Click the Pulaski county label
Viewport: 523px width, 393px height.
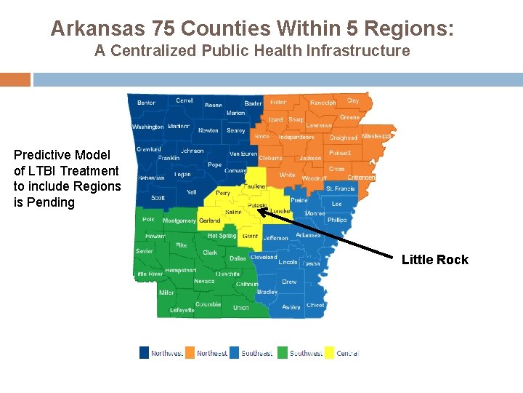tap(256, 206)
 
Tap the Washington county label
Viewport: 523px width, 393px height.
tap(147, 127)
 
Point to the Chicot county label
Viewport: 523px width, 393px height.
tap(315, 306)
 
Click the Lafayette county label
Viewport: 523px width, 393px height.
tap(182, 310)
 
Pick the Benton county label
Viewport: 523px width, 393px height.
tap(146, 103)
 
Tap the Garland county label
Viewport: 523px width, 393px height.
tap(209, 221)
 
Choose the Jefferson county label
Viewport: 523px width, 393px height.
tap(276, 238)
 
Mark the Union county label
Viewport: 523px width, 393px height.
tap(240, 308)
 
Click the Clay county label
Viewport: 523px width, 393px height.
tap(353, 101)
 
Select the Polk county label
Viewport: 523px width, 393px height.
tap(148, 219)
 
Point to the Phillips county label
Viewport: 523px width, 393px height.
tap(337, 220)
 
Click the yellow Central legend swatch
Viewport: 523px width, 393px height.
tap(328, 353)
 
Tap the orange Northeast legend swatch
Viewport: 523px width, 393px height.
tap(190, 353)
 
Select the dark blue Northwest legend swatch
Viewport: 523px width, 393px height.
tap(144, 353)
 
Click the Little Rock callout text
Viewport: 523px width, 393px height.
tap(435, 260)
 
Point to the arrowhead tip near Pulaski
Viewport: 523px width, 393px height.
tap(259, 210)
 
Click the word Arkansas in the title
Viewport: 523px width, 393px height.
tap(99, 29)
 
